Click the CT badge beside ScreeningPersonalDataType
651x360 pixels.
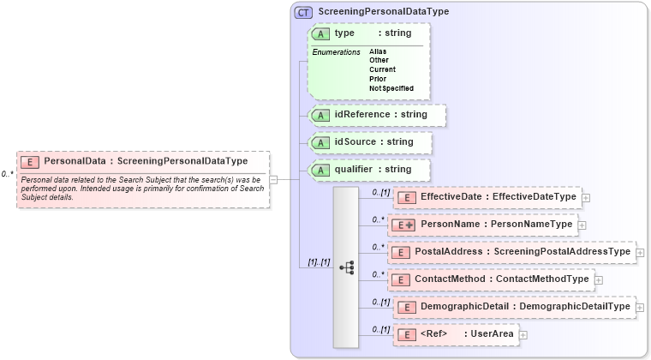[x=303, y=12]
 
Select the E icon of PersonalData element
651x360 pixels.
[x=30, y=160]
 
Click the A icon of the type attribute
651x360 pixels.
[x=320, y=33]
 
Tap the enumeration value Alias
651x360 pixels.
[x=378, y=51]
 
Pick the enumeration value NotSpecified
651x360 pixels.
[x=391, y=88]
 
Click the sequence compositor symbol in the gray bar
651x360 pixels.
[x=346, y=267]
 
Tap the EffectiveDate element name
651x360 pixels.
[x=451, y=196]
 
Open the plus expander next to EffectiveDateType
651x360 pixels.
[x=586, y=197]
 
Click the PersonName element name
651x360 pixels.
[x=448, y=225]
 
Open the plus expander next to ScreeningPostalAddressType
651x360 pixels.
[x=641, y=252]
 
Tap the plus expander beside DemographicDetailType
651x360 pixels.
[x=640, y=307]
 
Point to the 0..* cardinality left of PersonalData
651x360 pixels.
[x=7, y=174]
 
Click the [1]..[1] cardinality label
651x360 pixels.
[x=320, y=262]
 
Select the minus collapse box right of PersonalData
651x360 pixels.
[x=274, y=179]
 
